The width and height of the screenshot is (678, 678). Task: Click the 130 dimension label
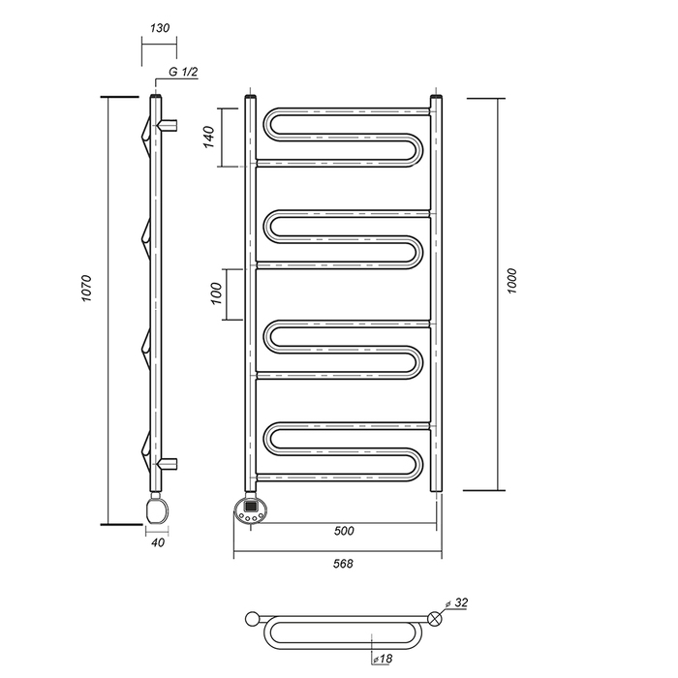point(160,28)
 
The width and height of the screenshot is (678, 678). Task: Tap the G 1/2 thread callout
point(183,72)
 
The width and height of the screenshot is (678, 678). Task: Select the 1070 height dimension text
point(87,288)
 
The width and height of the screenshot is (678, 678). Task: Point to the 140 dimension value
point(209,137)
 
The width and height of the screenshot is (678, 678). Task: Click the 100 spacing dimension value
point(216,293)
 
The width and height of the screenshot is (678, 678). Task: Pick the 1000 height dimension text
point(512,281)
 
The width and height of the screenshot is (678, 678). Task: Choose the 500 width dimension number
point(344,531)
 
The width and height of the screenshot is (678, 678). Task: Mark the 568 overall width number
point(343,564)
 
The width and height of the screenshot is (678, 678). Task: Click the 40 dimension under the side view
point(158,542)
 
